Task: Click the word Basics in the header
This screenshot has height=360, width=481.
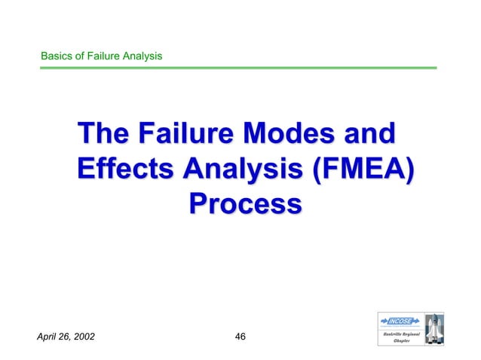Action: point(57,56)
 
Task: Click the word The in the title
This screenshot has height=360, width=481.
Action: point(101,136)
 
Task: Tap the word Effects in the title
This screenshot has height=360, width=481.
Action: point(121,169)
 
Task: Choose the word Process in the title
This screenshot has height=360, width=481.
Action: point(245,203)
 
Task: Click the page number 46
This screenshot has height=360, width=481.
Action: point(241,336)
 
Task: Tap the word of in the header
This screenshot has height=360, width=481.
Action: point(81,56)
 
